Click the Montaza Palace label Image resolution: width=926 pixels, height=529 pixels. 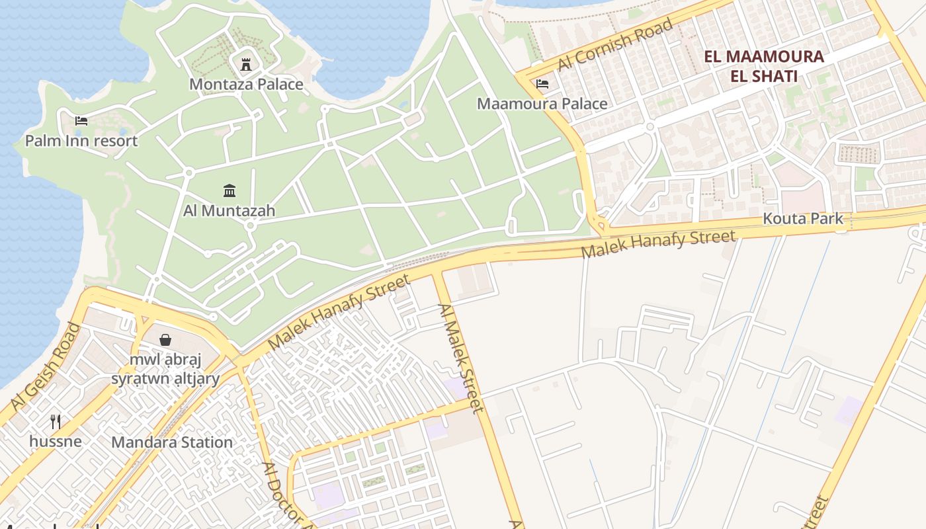[x=246, y=84]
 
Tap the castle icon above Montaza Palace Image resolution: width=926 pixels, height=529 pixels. [x=246, y=64]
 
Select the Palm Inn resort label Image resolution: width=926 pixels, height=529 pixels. [x=81, y=141]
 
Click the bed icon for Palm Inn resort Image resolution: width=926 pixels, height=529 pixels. [x=81, y=120]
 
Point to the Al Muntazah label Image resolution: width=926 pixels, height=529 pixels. [x=229, y=211]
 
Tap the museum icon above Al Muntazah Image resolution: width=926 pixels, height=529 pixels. [x=230, y=191]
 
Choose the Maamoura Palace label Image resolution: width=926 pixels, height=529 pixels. [x=542, y=104]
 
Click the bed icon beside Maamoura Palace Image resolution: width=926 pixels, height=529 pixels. [x=542, y=84]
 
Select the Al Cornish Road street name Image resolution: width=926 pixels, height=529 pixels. [x=614, y=44]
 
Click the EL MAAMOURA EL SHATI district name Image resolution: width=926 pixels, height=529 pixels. [x=764, y=66]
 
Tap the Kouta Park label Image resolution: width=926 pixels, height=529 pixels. [x=803, y=218]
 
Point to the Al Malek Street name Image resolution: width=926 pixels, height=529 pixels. [x=461, y=358]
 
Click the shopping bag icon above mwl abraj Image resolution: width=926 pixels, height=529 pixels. [x=165, y=340]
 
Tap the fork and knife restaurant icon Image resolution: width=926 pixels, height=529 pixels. [x=56, y=421]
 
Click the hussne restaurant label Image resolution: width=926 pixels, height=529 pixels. [x=56, y=440]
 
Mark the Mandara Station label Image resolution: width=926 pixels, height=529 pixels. [x=172, y=442]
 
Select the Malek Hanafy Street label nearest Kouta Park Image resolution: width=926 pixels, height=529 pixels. [x=658, y=244]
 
